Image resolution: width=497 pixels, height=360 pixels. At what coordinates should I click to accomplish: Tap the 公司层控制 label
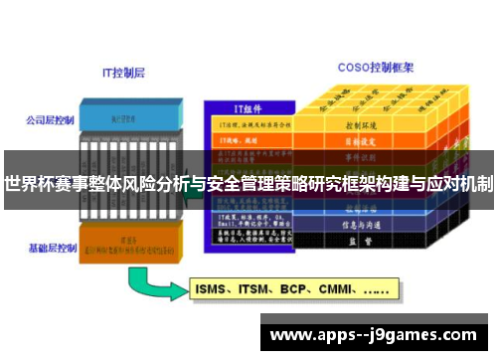click(49, 120)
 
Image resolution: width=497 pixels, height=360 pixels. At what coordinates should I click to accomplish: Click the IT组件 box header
click(248, 108)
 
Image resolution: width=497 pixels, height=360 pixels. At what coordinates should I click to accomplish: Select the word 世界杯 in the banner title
click(29, 183)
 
